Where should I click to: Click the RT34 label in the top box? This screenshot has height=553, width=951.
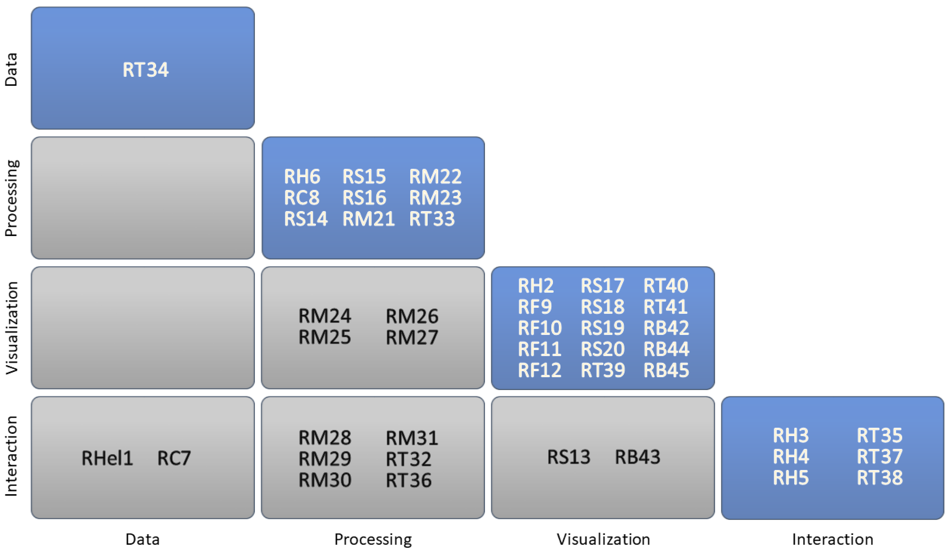pos(145,70)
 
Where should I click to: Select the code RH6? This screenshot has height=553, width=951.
pos(302,177)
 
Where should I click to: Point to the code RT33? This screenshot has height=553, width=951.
pos(432,219)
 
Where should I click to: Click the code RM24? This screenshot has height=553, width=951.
pos(325,316)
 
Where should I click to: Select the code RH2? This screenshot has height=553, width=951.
pos(535,286)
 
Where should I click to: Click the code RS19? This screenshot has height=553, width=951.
pos(602,328)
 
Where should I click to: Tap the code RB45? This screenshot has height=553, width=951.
pos(666,370)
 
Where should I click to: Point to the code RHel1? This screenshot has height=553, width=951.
pos(107,458)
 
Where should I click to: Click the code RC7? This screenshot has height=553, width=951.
pos(174,458)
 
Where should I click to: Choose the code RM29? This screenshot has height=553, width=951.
pos(325,459)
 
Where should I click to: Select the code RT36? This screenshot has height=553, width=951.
pos(408,480)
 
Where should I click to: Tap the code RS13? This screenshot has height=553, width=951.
pos(569,457)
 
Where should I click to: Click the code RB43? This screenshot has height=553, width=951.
pos(637,457)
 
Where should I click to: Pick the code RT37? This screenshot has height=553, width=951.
pos(879,457)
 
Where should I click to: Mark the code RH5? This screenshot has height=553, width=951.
pos(791,478)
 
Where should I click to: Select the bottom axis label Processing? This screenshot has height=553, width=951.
pos(373,539)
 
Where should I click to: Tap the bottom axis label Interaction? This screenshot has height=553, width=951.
pos(833,539)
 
